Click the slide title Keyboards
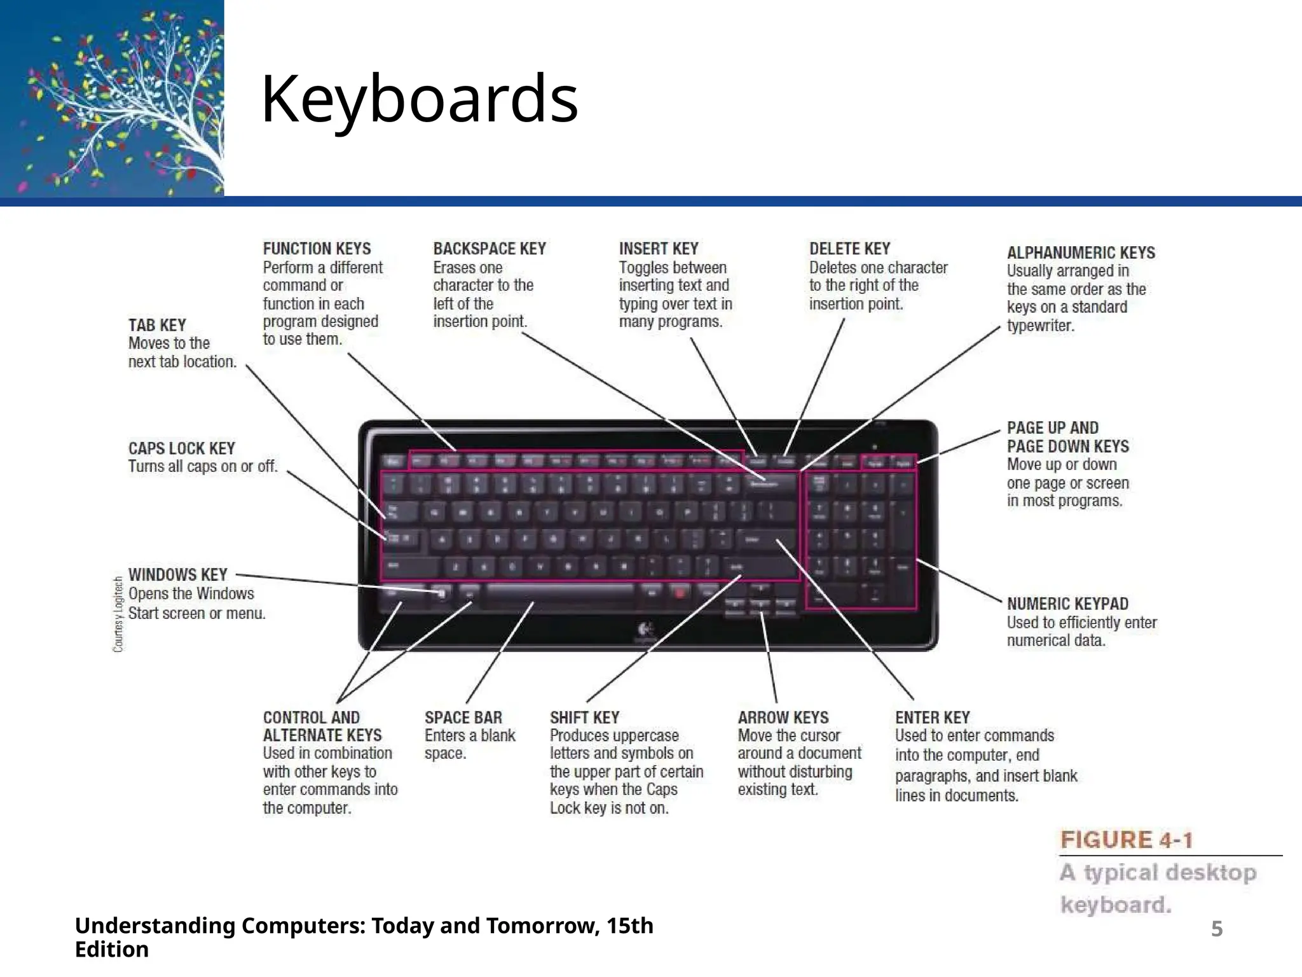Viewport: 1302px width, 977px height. (x=420, y=99)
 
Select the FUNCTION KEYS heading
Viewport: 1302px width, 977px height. (x=317, y=249)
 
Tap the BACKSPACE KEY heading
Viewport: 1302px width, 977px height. (x=490, y=249)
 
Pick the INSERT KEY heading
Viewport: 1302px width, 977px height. (x=659, y=249)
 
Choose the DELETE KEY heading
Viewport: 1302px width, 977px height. (x=849, y=249)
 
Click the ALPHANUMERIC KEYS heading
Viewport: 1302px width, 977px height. (x=1081, y=253)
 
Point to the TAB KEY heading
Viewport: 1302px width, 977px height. (x=157, y=325)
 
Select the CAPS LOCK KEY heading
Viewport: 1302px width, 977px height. (x=182, y=448)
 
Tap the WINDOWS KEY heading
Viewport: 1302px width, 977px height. (x=178, y=575)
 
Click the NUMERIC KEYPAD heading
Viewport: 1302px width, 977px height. (x=1067, y=604)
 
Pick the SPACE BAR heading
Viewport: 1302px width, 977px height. (x=463, y=717)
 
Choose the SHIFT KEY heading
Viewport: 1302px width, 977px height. (x=584, y=717)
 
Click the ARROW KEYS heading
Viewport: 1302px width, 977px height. (x=783, y=717)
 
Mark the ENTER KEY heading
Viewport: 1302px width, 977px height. (x=933, y=717)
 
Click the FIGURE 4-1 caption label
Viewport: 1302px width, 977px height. (x=1126, y=840)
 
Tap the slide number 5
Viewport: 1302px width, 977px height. (x=1216, y=929)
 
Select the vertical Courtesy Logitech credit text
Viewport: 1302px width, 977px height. (x=118, y=614)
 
